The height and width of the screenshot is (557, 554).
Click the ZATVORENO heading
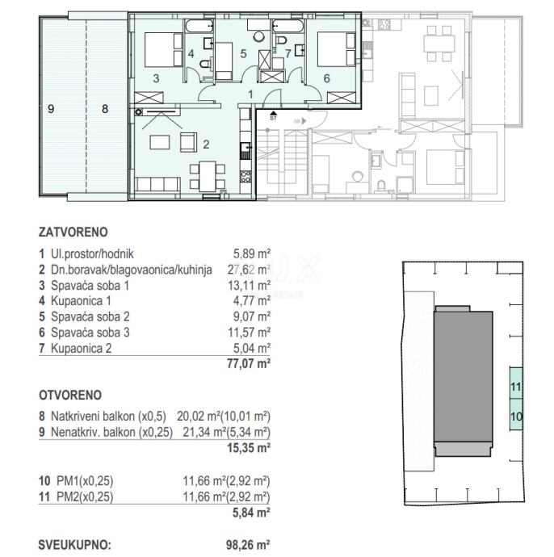[73, 232]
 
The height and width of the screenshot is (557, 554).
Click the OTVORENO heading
[70, 395]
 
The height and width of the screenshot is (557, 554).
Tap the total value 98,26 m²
[248, 545]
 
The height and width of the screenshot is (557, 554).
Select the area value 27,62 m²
[249, 270]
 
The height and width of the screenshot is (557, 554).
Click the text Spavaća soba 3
[90, 333]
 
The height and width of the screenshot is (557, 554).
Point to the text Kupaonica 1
[81, 301]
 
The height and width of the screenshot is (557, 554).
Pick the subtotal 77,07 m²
[249, 364]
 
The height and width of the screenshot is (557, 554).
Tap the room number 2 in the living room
[206, 144]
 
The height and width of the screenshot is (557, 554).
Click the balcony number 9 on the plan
[51, 109]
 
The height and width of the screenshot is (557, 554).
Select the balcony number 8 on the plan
[105, 109]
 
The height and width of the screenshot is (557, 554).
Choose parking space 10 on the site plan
[516, 415]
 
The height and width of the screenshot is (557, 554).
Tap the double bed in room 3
[164, 50]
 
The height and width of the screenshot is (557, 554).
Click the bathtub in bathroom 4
[199, 26]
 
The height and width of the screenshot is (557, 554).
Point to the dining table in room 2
[208, 176]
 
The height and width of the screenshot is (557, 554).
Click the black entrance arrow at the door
[273, 113]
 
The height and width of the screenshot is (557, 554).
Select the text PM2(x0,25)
[85, 496]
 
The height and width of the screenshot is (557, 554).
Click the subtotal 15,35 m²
[249, 447]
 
